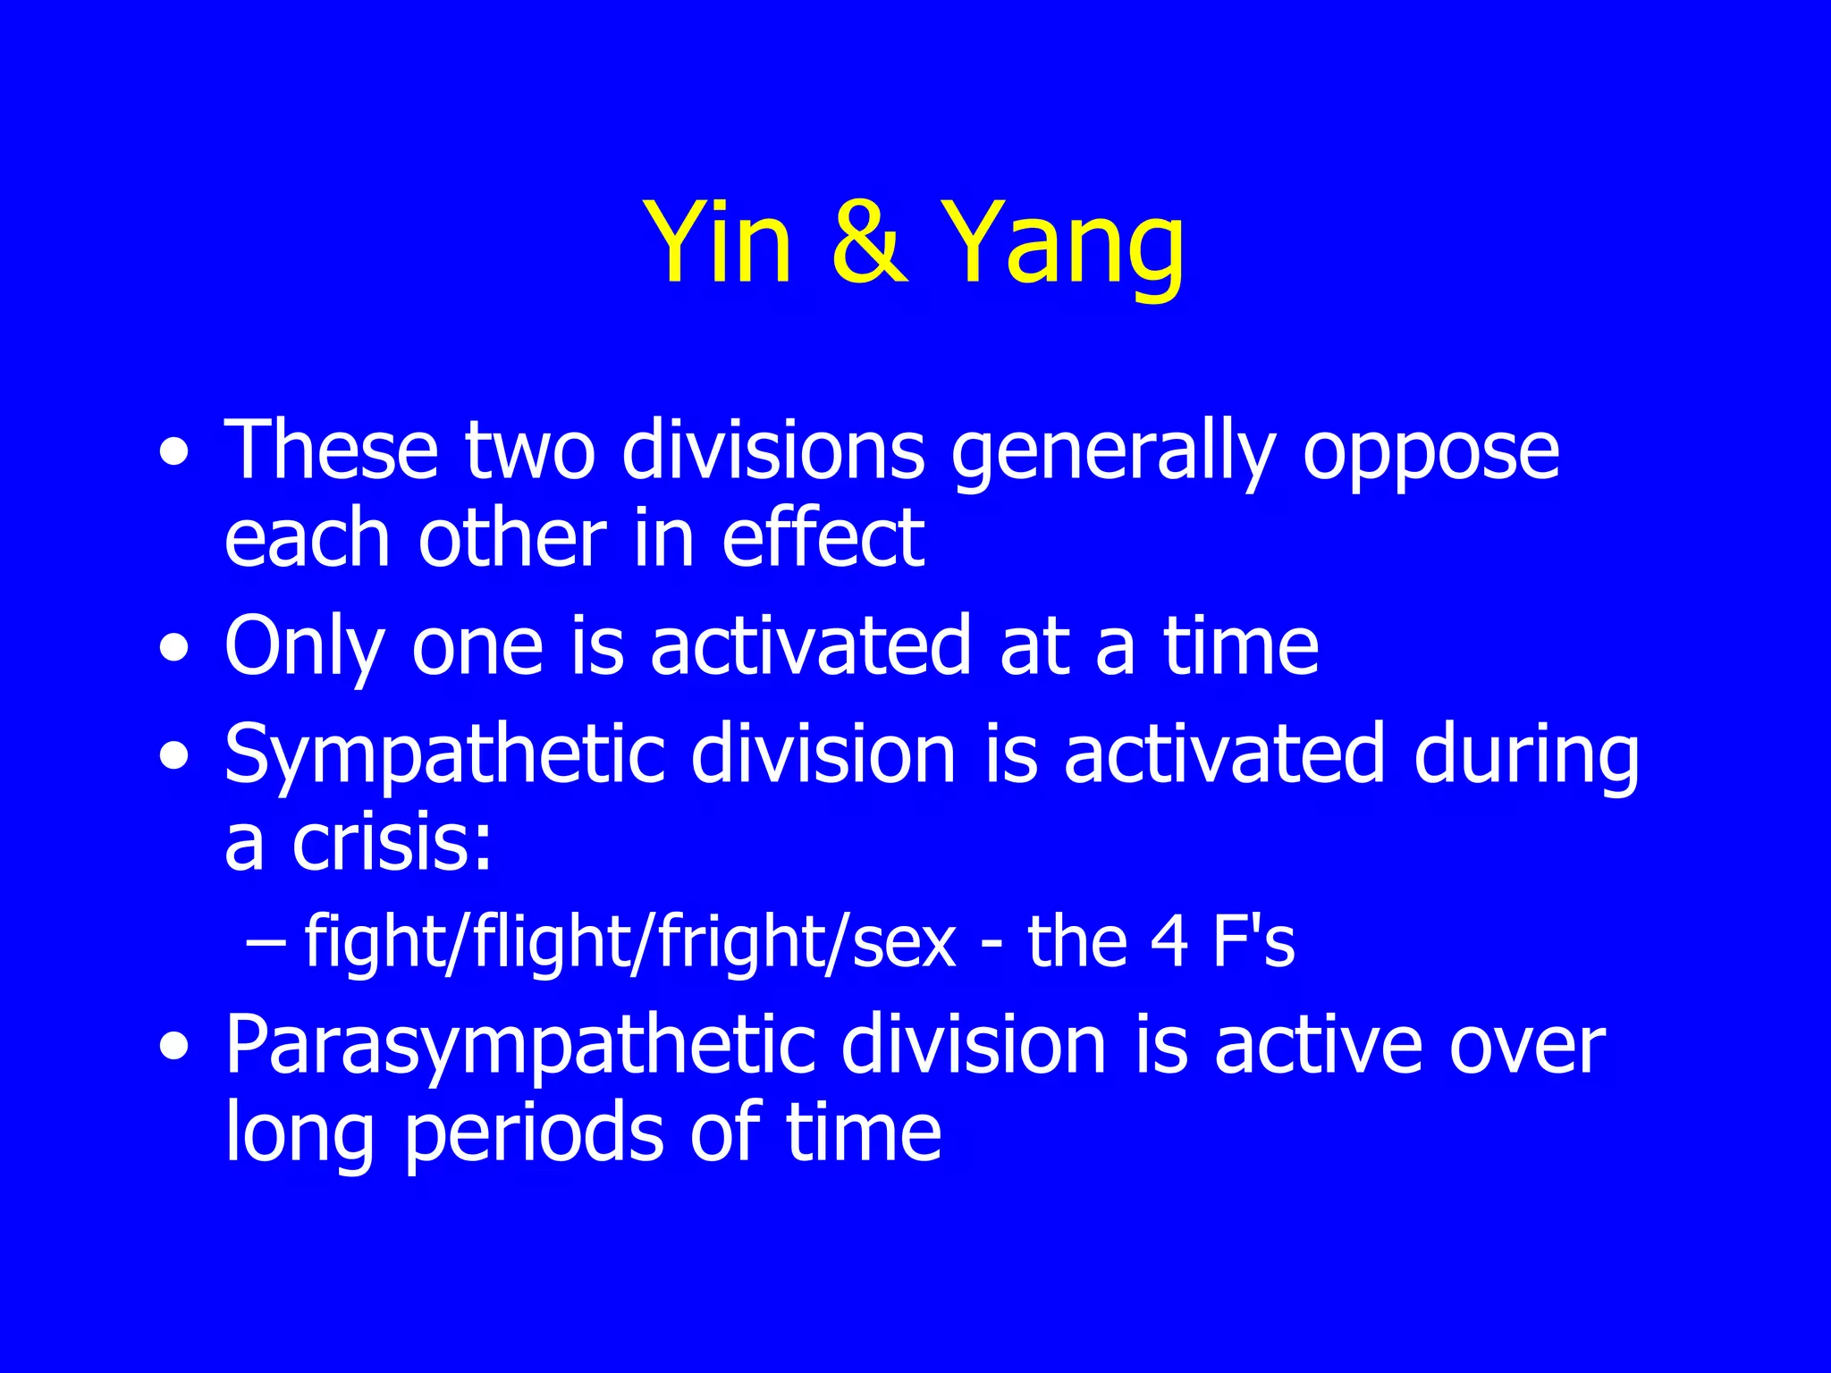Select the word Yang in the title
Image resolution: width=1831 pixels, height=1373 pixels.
click(x=1063, y=246)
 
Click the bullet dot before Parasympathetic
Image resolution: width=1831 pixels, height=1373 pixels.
click(x=173, y=1048)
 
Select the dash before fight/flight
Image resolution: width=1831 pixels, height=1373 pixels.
click(x=266, y=943)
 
